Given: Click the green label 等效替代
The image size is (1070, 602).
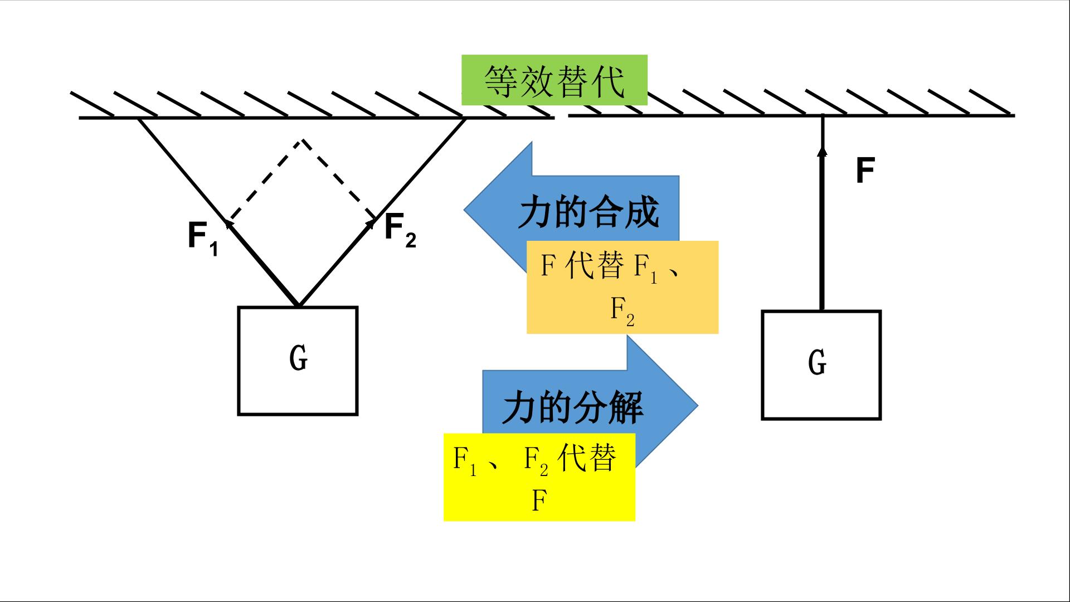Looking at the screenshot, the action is pos(555,80).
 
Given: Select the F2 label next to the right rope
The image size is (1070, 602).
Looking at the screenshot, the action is pos(400,230).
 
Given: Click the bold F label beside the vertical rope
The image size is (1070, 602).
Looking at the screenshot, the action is pos(865,171).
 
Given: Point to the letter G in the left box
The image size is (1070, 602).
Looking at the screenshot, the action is pos(299,358).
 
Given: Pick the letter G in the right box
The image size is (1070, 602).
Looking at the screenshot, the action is pos(817,362).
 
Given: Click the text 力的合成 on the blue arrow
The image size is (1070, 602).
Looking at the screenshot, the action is pos(588,212).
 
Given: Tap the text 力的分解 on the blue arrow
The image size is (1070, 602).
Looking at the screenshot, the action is pos(573,407).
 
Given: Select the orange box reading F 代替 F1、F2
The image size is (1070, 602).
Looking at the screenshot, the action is pos(622,287).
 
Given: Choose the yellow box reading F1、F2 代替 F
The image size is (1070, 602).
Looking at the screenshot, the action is pos(539,477).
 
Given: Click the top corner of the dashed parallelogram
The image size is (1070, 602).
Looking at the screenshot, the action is pos(301,140).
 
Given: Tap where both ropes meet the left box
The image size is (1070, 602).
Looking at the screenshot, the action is pos(298,306).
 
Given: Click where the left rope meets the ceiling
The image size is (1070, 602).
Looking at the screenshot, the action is pos(139,119).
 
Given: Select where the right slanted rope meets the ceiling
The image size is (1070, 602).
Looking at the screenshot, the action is pos(464,119).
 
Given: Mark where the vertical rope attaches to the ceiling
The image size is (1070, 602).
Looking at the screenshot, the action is pos(823,116).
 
